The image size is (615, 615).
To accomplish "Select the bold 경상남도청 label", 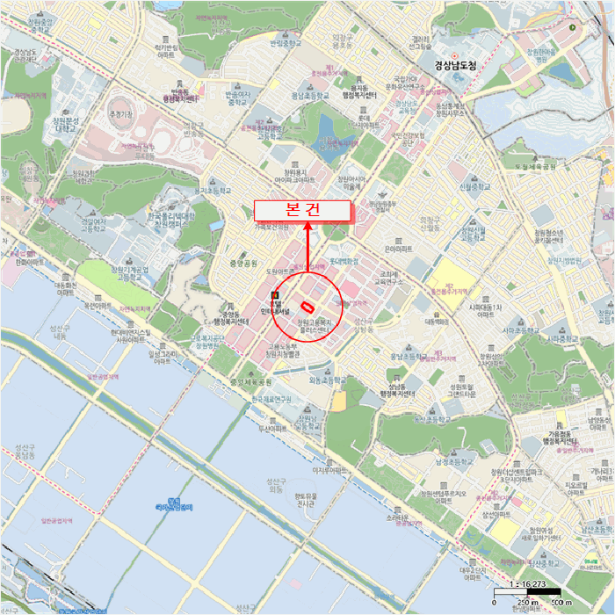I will [459, 64].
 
